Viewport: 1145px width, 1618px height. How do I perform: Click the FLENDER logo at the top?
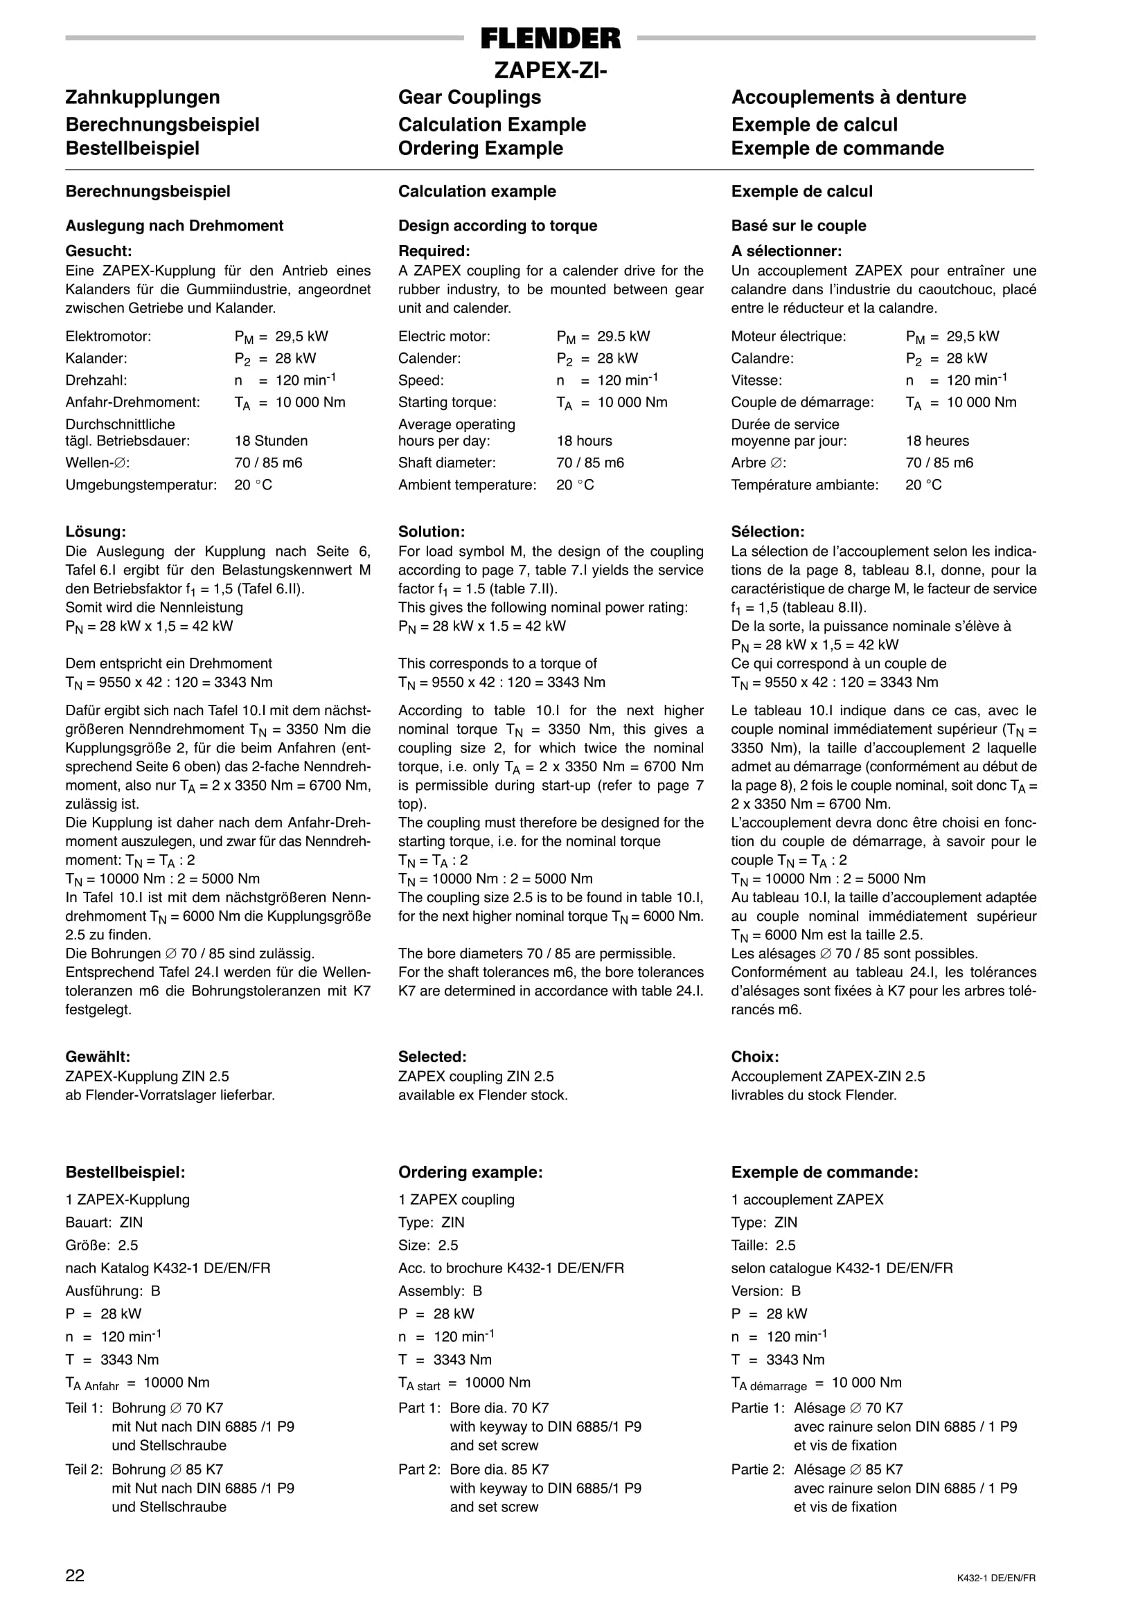coord(551,38)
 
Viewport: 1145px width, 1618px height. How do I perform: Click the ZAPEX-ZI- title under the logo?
coord(550,71)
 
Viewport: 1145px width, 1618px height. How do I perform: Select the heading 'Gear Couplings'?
coord(470,97)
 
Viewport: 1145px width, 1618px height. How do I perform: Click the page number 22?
coord(75,1576)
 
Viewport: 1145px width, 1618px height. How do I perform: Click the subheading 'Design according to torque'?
coord(497,226)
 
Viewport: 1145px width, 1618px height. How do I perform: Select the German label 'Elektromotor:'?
coord(108,337)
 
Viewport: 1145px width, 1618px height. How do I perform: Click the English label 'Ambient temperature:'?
coord(467,485)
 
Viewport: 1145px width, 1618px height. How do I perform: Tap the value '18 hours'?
coord(584,441)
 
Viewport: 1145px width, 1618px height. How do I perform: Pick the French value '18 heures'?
coord(937,441)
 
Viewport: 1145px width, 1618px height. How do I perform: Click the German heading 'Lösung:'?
coord(95,532)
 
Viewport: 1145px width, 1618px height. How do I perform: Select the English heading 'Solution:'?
coord(432,532)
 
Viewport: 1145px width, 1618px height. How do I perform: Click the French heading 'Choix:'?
coord(754,1057)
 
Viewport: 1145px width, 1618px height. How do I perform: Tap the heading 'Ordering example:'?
coord(470,1173)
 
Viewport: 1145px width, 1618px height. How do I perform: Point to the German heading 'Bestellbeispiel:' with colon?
coord(125,1173)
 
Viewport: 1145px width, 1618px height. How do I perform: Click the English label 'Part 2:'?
coord(419,1470)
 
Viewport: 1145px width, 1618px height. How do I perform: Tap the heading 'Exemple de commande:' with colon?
coord(824,1173)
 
